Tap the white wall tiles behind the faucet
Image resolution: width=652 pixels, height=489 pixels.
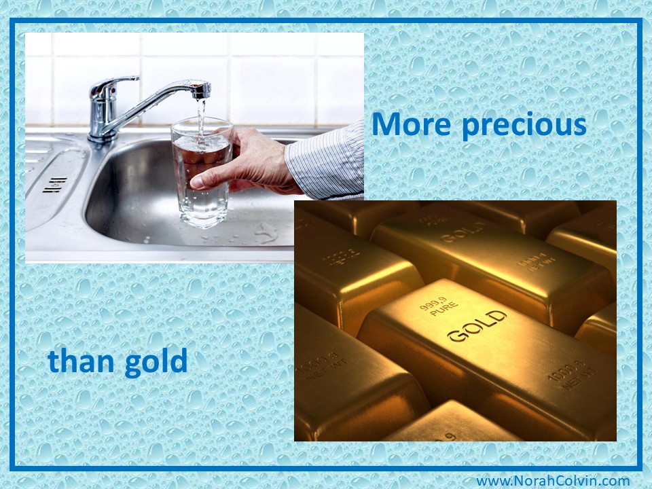coord(272,75)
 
